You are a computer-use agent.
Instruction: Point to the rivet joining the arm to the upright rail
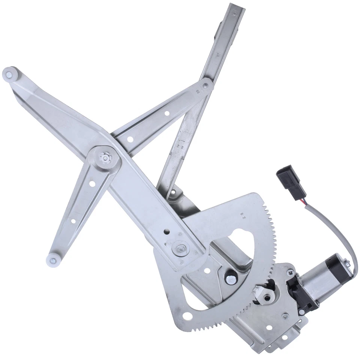click(205, 86)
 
